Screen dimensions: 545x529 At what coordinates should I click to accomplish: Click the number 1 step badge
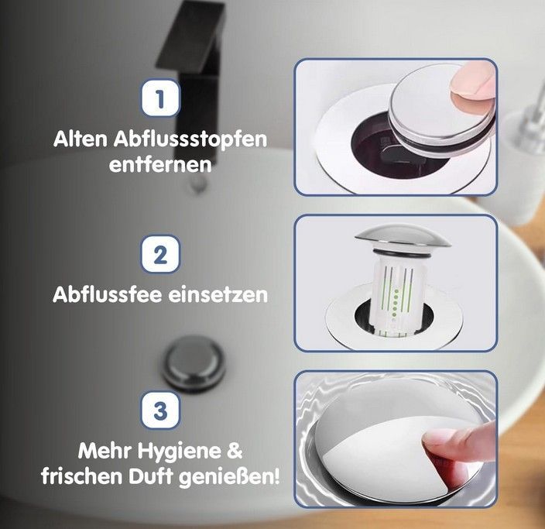click(x=160, y=98)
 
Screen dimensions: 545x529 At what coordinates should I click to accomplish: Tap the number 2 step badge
click(x=160, y=254)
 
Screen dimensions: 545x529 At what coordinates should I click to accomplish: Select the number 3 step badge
click(x=160, y=410)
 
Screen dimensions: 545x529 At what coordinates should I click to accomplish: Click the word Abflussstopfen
click(x=190, y=140)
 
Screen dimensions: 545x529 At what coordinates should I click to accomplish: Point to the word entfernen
click(x=160, y=164)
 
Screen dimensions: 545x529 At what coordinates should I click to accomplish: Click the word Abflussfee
click(x=108, y=294)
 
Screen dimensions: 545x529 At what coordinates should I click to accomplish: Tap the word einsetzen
click(x=218, y=295)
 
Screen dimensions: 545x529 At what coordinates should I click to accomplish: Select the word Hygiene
click(x=180, y=452)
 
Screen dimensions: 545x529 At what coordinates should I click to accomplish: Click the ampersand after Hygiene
click(x=235, y=451)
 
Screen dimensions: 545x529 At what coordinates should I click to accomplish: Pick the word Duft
click(x=150, y=476)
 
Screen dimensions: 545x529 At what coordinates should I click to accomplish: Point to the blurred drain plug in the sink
click(x=194, y=363)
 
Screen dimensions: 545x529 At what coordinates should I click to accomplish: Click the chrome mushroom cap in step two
click(x=403, y=235)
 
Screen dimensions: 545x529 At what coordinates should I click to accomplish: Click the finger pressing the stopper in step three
click(x=459, y=444)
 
